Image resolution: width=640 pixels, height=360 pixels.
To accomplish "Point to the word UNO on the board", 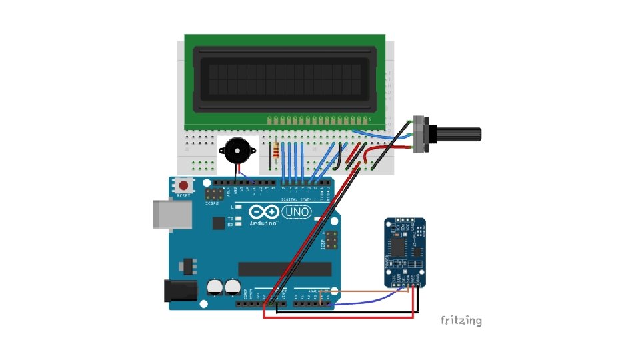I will [296, 212].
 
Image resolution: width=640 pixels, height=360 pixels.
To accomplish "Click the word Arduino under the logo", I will [263, 223].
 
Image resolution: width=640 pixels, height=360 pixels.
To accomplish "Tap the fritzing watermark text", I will [461, 321].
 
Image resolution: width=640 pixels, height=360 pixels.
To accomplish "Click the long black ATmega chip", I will [285, 269].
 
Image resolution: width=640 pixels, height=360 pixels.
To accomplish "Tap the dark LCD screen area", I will [285, 79].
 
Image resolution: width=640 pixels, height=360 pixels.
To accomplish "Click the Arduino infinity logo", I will [265, 211].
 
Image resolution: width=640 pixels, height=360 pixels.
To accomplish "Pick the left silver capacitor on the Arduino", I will [215, 287].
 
